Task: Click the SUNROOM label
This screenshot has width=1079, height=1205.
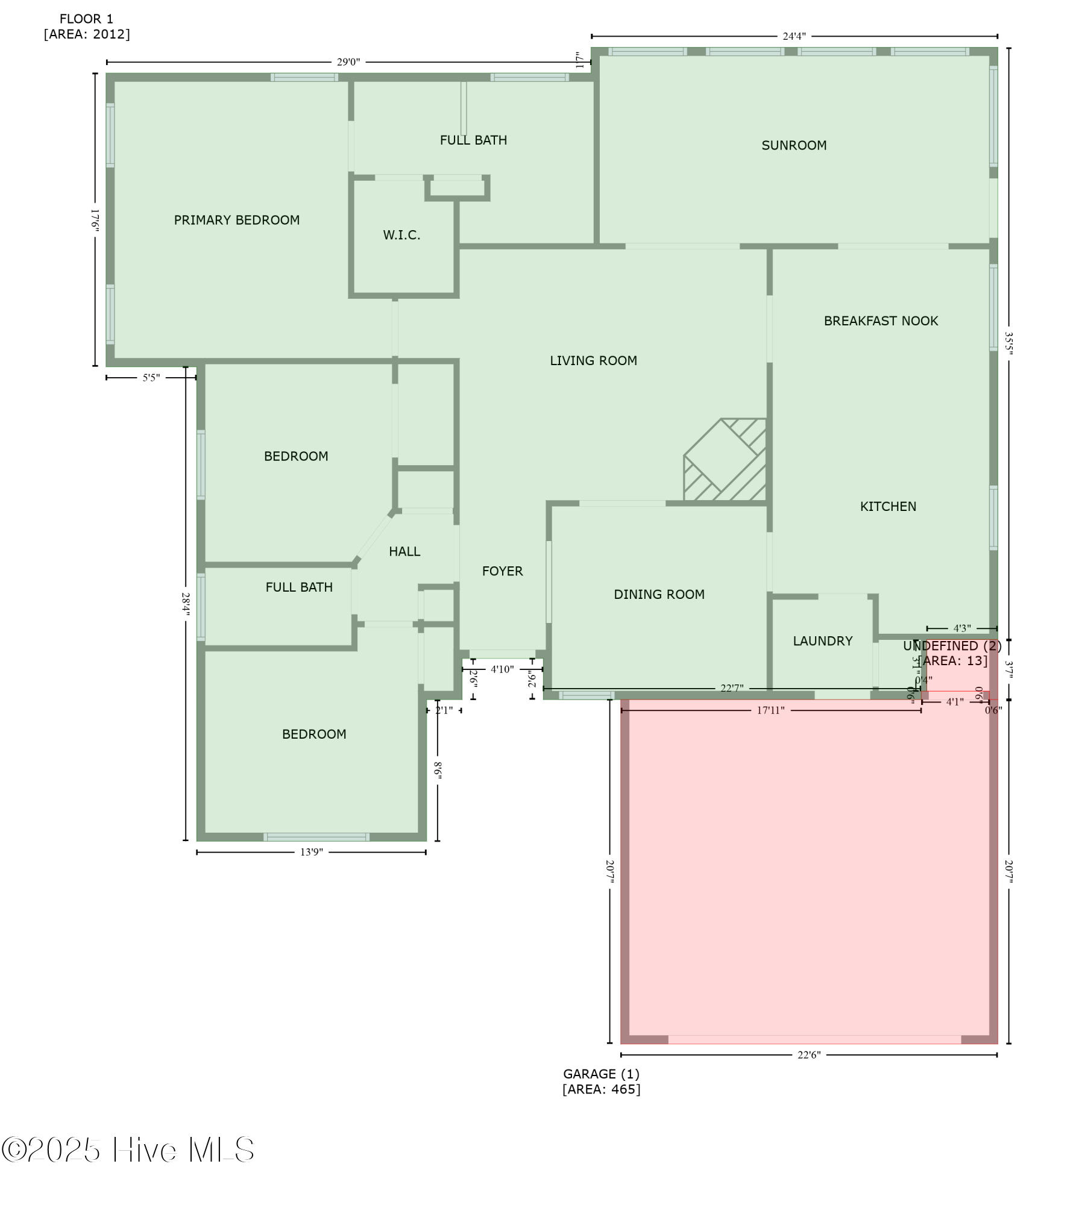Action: click(x=793, y=145)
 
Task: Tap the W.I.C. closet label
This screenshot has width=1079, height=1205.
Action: click(x=401, y=235)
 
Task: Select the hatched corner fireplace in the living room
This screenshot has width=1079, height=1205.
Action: click(x=725, y=460)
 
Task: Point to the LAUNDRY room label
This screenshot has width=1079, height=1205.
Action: click(x=822, y=641)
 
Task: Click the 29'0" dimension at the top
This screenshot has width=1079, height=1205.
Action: click(x=348, y=62)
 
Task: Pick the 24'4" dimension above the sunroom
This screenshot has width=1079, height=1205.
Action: click(x=793, y=36)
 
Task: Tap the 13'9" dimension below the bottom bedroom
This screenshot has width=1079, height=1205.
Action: click(x=311, y=852)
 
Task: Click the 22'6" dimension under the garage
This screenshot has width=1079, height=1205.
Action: click(x=808, y=1055)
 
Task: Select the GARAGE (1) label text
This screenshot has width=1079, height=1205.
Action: click(x=601, y=1074)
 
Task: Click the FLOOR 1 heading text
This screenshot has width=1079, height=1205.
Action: click(x=86, y=19)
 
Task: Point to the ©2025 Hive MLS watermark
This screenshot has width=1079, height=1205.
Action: click(x=128, y=1150)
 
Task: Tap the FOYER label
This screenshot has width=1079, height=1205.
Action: click(x=502, y=571)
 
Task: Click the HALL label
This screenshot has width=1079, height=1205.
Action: click(x=404, y=551)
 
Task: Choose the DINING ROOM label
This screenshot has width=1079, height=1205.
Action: click(x=659, y=595)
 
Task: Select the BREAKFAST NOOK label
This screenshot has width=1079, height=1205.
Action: click(x=881, y=321)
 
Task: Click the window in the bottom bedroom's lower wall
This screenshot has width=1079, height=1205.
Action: click(x=316, y=837)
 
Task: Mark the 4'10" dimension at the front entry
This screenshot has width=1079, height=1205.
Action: click(x=502, y=669)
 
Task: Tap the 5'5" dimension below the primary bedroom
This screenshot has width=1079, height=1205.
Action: click(x=151, y=378)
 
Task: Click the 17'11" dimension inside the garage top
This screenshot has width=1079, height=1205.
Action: click(x=770, y=711)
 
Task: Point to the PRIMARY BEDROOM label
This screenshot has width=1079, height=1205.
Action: click(x=237, y=221)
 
